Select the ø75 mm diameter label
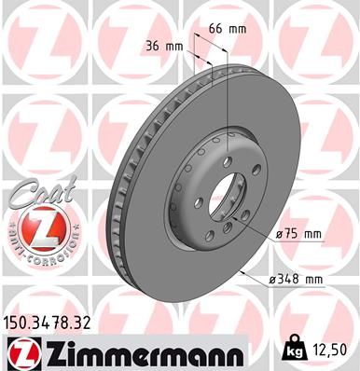[x=298, y=233]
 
